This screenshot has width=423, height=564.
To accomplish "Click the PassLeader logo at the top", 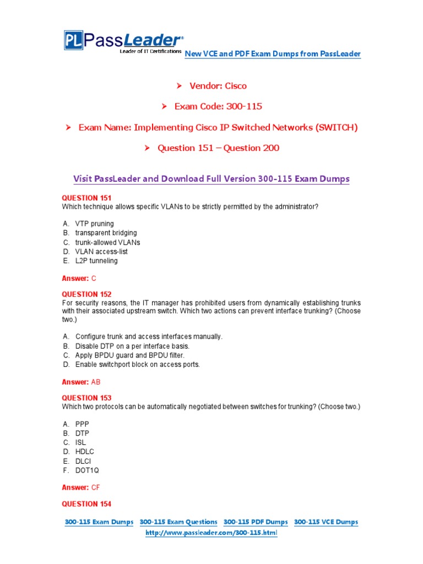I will pos(123,42).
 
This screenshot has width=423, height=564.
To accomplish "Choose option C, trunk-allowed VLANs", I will pos(107,242).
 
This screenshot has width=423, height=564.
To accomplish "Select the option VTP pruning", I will pos(94,224).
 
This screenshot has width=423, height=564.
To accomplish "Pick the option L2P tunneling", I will pos(96,261).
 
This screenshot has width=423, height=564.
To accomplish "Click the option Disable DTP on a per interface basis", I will pos(132,346).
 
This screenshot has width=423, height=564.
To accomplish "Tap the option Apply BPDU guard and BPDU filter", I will pos(130,355).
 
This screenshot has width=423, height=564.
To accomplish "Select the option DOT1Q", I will pos(87,470).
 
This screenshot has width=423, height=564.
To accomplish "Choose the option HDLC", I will pos(85,452).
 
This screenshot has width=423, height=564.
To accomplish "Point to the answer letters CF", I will pos(96,487).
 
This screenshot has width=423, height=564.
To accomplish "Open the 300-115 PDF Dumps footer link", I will pos(256,522).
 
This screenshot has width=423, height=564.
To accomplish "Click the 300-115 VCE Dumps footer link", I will pos(326,522).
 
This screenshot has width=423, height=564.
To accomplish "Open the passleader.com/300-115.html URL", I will pos(211,534).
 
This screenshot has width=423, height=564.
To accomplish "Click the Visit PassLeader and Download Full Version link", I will pos(211,179).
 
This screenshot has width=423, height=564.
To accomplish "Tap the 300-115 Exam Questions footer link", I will pos(178,522).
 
